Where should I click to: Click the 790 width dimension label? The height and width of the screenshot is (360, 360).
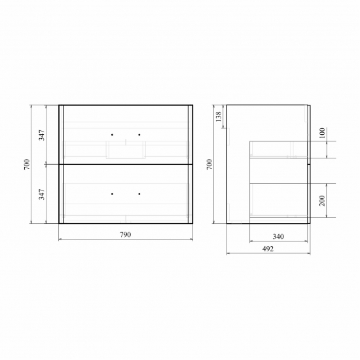[126, 234]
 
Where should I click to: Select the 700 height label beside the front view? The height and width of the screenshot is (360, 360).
[27, 164]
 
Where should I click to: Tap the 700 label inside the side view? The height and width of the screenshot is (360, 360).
[209, 164]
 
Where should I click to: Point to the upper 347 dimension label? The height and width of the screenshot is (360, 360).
[41, 135]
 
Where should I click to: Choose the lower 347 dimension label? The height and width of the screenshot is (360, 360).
[41, 194]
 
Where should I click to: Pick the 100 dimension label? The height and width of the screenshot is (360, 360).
[321, 133]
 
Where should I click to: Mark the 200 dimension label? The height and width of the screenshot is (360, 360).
[321, 200]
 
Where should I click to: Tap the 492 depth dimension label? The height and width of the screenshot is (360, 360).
[268, 248]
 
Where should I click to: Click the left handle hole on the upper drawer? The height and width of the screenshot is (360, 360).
[112, 135]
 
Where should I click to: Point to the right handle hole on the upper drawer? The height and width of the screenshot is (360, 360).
[139, 135]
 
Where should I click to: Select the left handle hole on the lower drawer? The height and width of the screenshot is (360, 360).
[112, 194]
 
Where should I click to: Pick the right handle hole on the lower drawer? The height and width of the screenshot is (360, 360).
[139, 194]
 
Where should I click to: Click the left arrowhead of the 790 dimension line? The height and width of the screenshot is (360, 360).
[61, 240]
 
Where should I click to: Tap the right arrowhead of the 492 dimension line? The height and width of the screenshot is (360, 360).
[308, 253]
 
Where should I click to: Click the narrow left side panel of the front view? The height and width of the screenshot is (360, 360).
[61, 164]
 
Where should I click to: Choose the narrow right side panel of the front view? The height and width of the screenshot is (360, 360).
[190, 164]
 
